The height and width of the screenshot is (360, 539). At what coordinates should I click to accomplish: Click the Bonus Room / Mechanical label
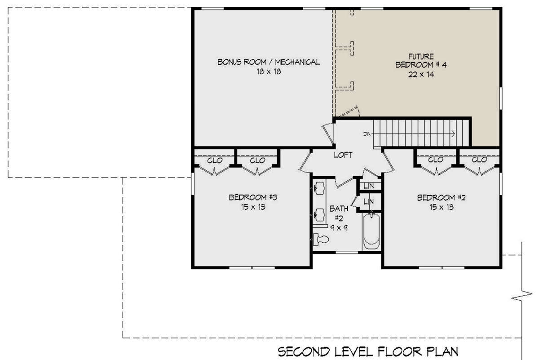pyautogui.click(x=269, y=62)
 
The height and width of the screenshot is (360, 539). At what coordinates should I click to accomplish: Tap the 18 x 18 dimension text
pyautogui.click(x=269, y=71)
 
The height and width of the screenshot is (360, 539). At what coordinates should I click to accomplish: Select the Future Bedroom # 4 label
pyautogui.click(x=421, y=61)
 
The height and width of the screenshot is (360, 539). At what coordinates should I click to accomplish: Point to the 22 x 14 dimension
pyautogui.click(x=421, y=75)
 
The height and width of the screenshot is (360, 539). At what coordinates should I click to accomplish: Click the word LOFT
pyautogui.click(x=343, y=155)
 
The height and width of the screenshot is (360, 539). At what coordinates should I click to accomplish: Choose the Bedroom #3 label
pyautogui.click(x=253, y=197)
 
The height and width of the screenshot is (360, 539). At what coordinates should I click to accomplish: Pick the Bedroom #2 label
pyautogui.click(x=441, y=198)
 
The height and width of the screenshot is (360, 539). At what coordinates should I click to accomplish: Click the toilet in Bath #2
pyautogui.click(x=321, y=240)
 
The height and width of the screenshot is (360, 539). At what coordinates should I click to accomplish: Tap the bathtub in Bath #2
pyautogui.click(x=371, y=231)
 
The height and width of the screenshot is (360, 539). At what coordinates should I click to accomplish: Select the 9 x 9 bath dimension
pyautogui.click(x=339, y=227)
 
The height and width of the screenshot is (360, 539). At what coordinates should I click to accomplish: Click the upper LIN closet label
pyautogui.click(x=369, y=186)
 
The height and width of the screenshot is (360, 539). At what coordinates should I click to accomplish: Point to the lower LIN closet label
pyautogui.click(x=369, y=202)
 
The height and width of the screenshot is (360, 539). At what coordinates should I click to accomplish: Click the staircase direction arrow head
pyautogui.click(x=453, y=133)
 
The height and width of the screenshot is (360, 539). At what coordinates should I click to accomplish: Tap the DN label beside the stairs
pyautogui.click(x=367, y=134)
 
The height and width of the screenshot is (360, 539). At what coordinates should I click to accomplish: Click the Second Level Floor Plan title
pyautogui.click(x=368, y=352)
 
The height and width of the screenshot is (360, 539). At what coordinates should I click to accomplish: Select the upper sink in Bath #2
pyautogui.click(x=319, y=188)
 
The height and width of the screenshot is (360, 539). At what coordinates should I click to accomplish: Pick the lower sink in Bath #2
pyautogui.click(x=319, y=214)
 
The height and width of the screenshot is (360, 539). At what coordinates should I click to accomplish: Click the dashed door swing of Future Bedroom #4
pyautogui.click(x=348, y=111)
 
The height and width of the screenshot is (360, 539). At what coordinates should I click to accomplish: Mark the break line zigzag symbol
pyautogui.click(x=521, y=296)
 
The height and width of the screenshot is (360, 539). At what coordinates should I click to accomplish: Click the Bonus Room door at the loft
pyautogui.click(x=328, y=134)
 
